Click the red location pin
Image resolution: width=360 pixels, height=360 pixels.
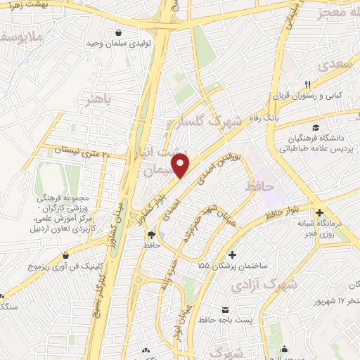tap(182, 165)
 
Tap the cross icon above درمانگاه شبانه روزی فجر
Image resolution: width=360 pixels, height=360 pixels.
tap(321, 212)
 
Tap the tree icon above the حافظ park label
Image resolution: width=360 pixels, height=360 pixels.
tap(150, 234)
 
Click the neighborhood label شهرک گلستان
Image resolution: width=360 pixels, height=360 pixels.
tap(207, 121)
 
